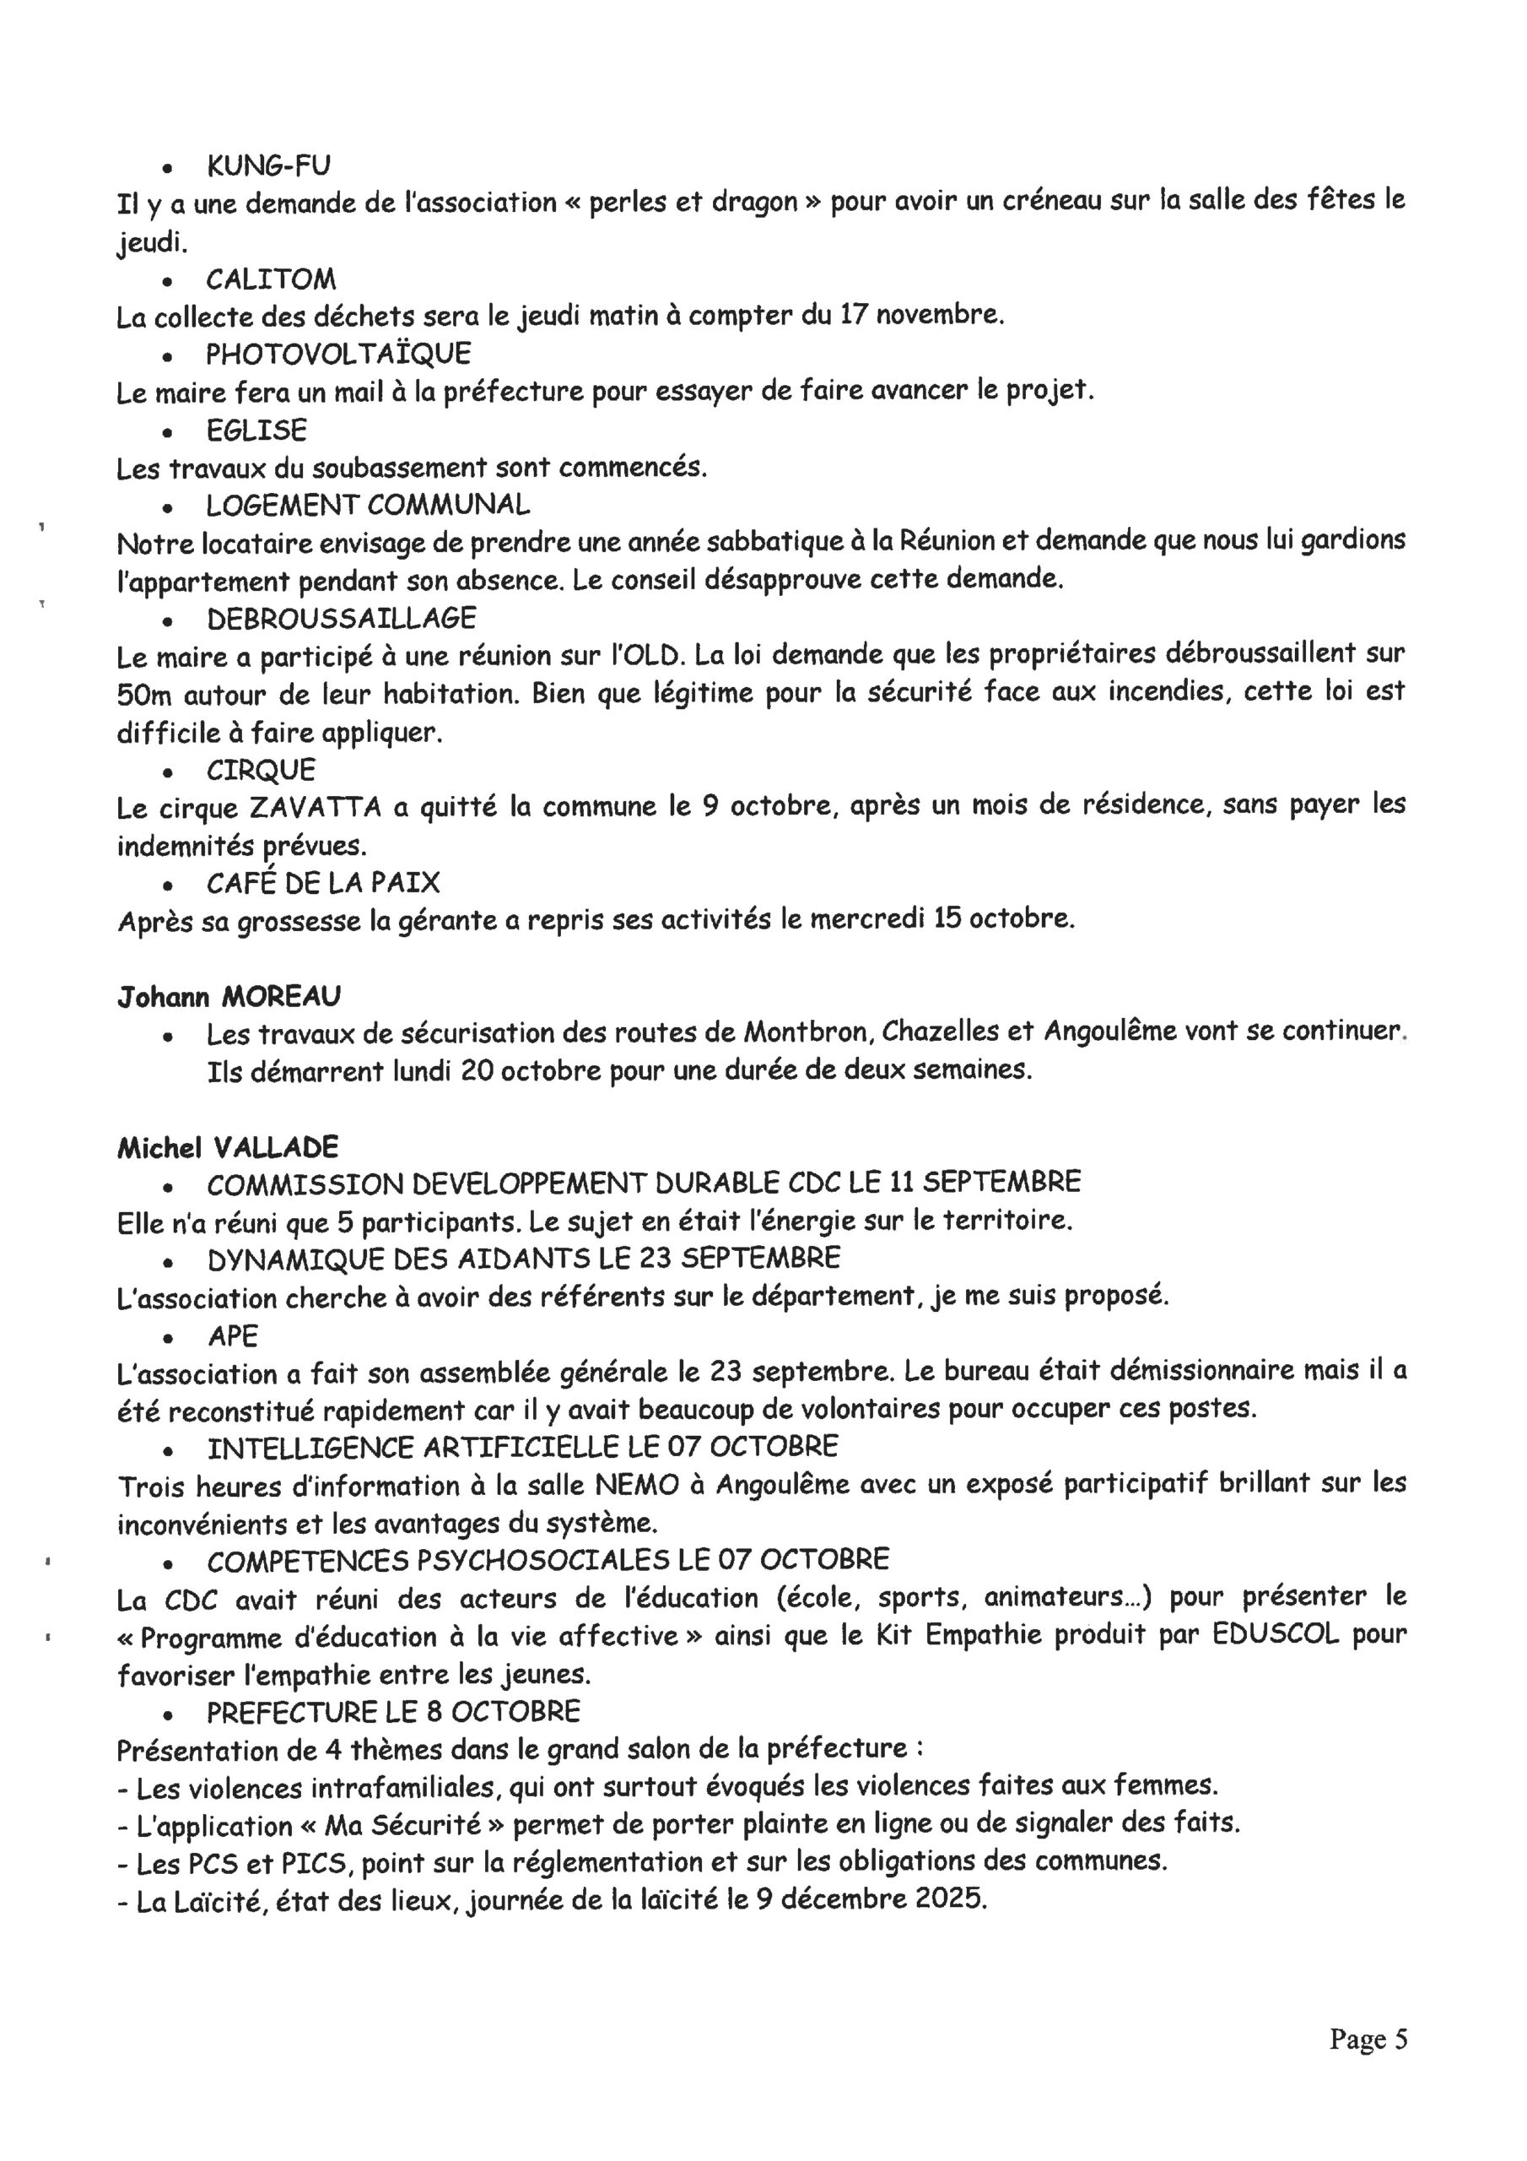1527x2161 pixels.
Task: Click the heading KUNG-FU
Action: click(x=268, y=165)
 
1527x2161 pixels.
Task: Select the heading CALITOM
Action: click(x=271, y=279)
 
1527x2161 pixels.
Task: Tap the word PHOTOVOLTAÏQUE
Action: click(x=338, y=355)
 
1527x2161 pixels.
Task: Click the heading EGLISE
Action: click(x=256, y=431)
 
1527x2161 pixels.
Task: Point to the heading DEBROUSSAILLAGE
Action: click(x=342, y=619)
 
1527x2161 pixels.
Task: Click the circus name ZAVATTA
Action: click(x=316, y=808)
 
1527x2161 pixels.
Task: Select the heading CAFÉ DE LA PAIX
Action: click(x=323, y=883)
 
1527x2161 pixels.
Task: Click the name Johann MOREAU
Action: click(x=229, y=996)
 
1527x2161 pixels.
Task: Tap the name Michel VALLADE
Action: click(x=228, y=1147)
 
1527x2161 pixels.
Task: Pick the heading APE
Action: click(x=232, y=1336)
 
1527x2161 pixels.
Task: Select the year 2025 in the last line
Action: click(x=950, y=1898)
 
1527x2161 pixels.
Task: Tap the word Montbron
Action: click(x=810, y=1032)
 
